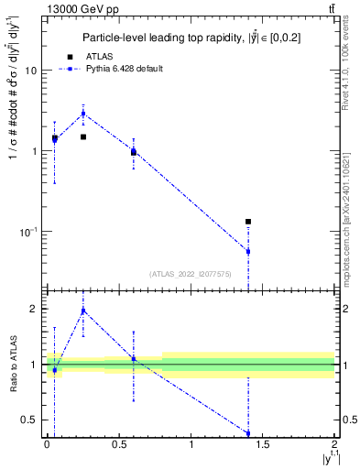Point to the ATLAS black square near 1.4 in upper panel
tap(248, 222)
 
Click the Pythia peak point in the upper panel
tap(83, 114)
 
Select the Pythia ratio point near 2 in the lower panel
tap(83, 311)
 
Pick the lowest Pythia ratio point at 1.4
tap(248, 433)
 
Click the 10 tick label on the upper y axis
tap(29, 71)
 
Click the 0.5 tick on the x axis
tap(118, 444)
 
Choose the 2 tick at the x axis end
tap(334, 444)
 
